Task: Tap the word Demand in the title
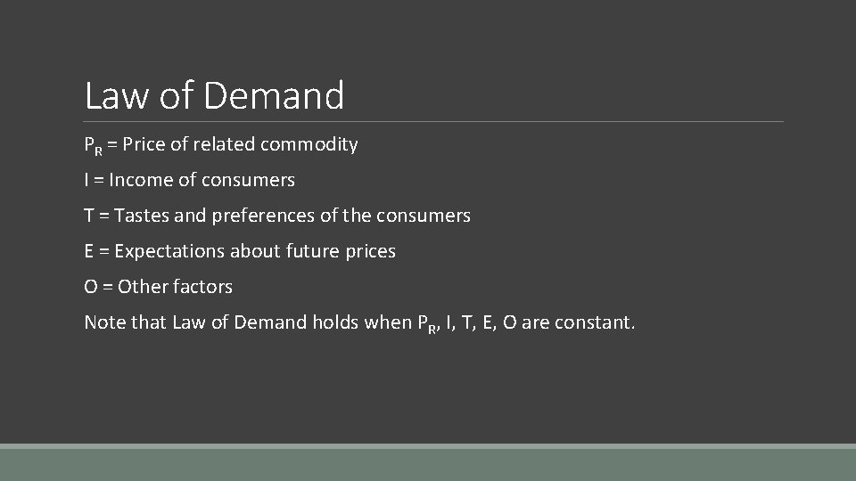[x=274, y=96]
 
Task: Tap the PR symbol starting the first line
[x=93, y=145]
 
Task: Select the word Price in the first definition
[x=144, y=144]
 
